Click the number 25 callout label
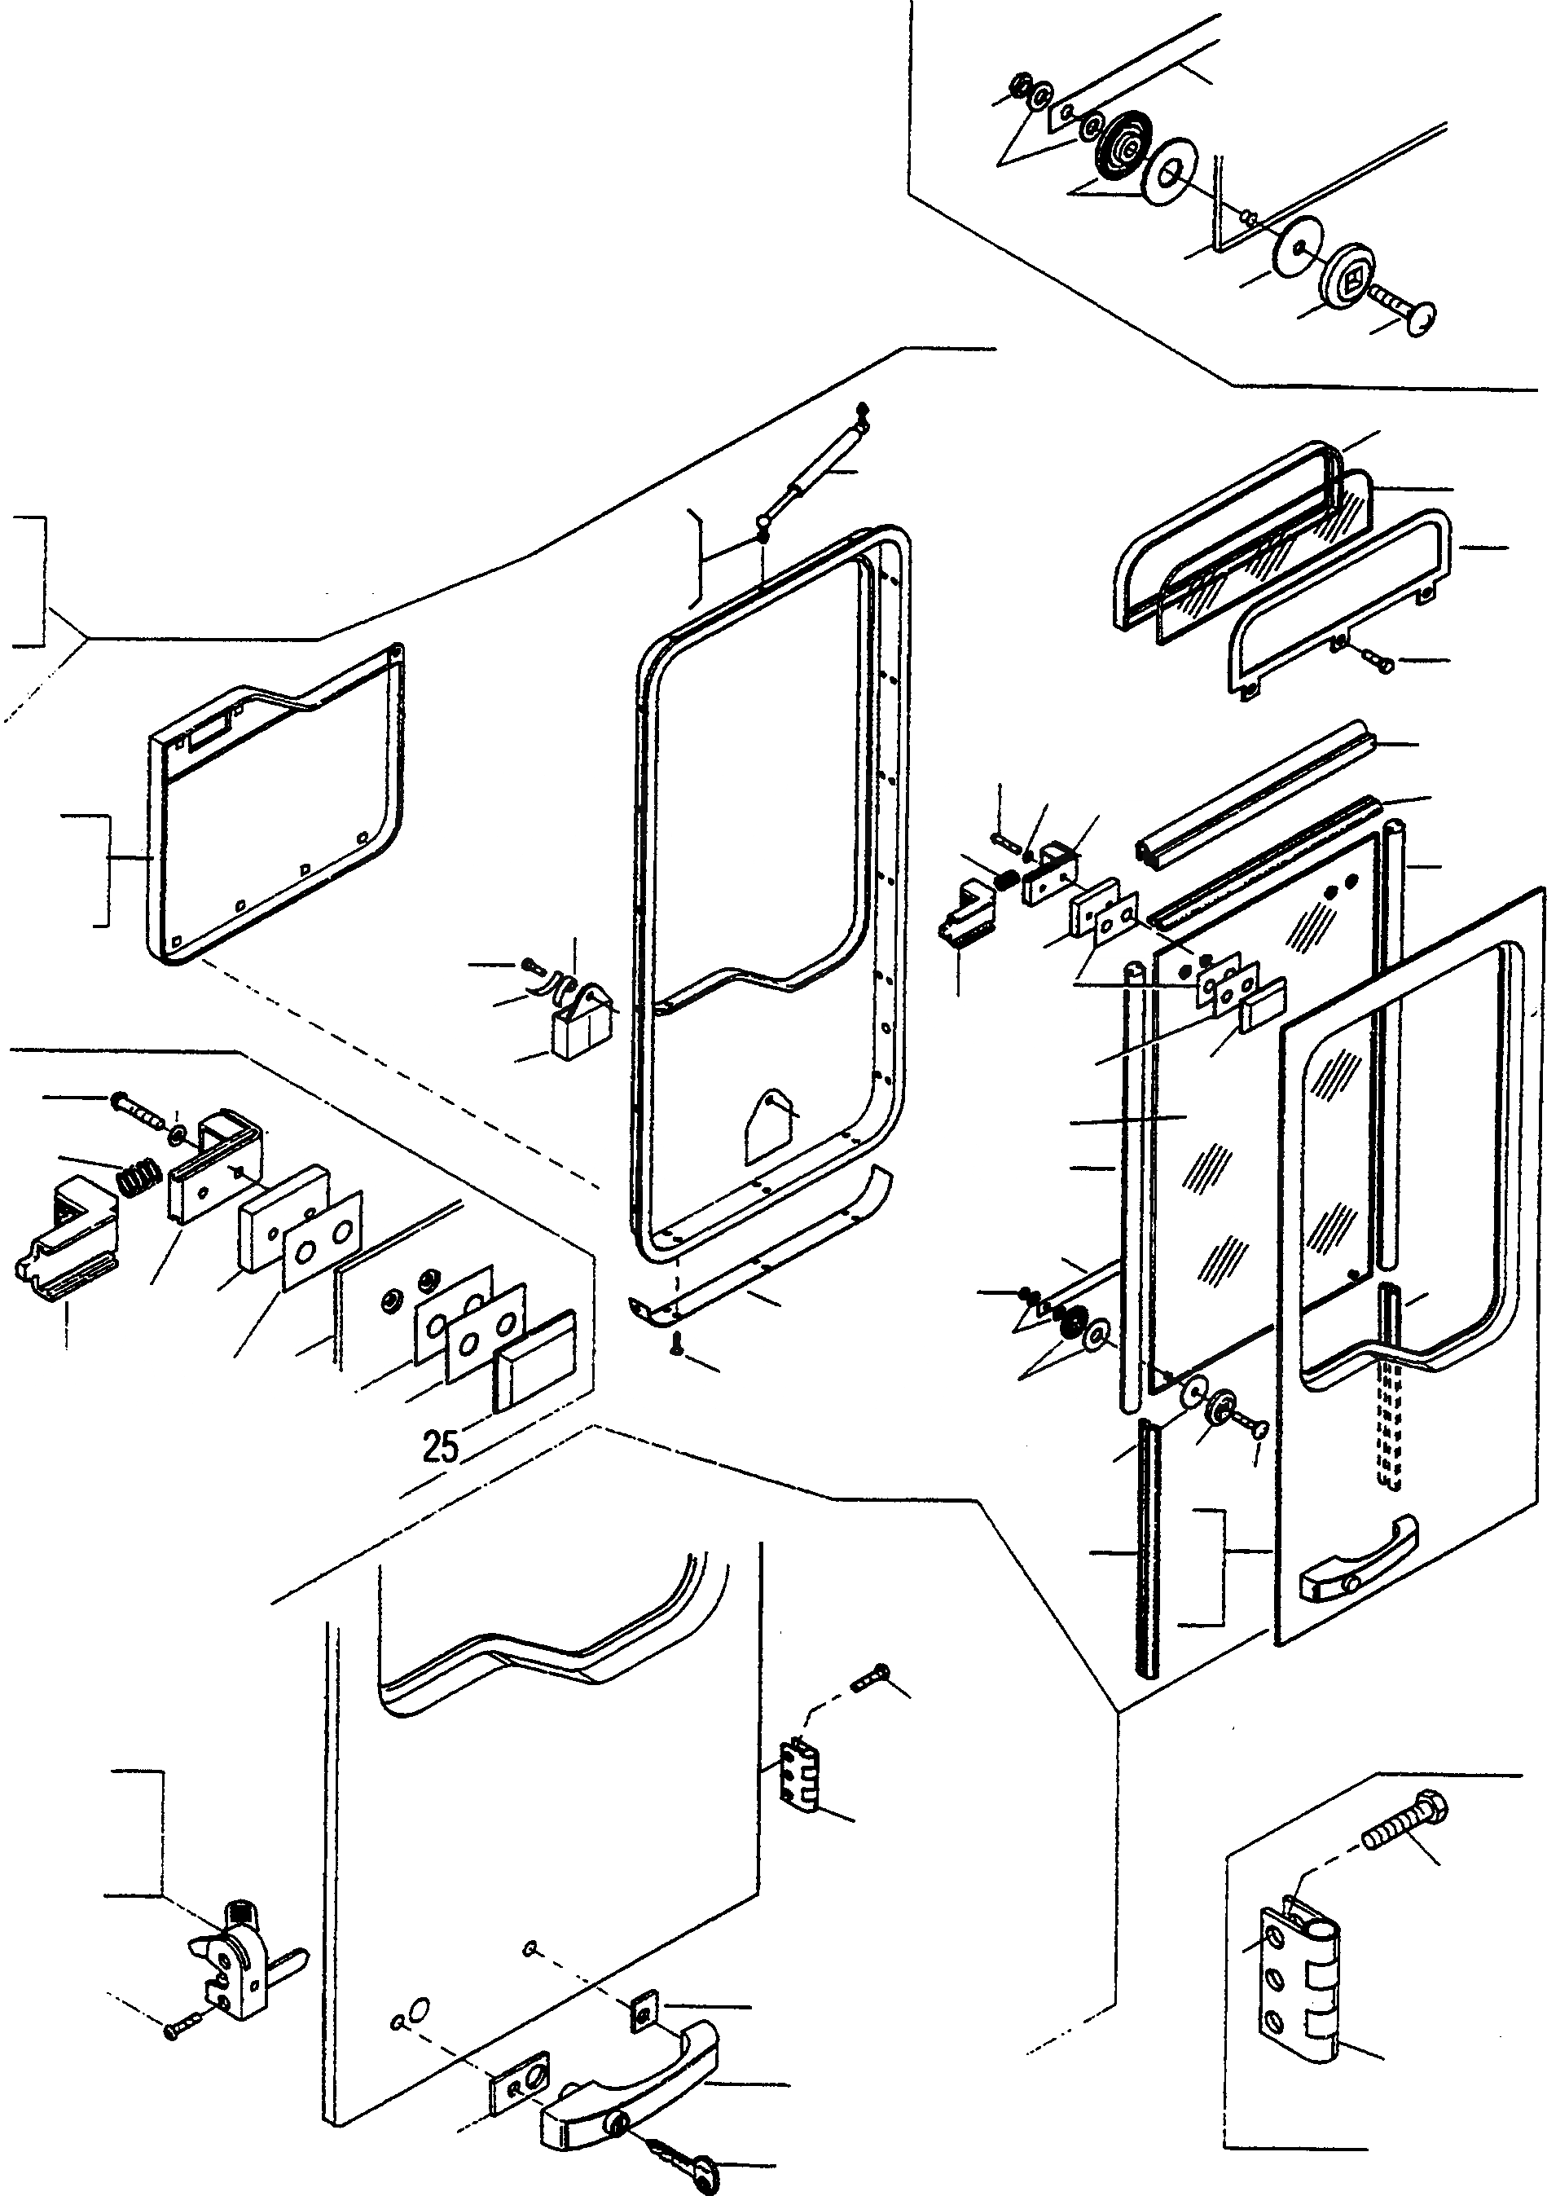coord(441,1446)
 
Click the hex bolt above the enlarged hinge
coord(1404,1822)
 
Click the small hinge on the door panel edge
coord(799,1776)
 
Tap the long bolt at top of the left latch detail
coord(136,1106)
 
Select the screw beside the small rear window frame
coord(1377,659)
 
